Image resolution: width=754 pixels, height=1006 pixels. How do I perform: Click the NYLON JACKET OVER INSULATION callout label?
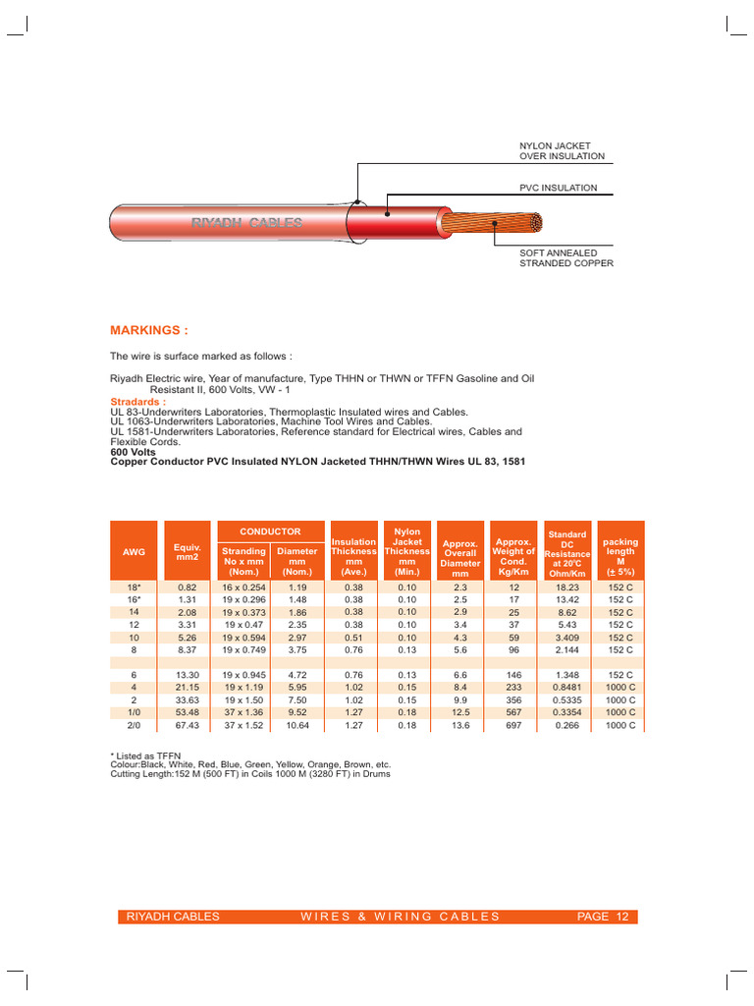(x=562, y=150)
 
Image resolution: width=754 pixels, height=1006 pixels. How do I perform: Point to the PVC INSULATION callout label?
(x=558, y=188)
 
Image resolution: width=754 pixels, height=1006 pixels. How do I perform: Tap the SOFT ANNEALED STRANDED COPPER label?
(x=565, y=258)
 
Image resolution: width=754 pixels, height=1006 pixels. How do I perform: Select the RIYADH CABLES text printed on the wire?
(x=246, y=224)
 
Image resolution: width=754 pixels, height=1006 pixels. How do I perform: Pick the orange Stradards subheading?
(x=138, y=402)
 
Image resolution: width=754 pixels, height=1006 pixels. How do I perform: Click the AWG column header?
(x=134, y=552)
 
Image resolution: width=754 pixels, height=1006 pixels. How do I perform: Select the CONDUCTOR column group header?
(x=270, y=531)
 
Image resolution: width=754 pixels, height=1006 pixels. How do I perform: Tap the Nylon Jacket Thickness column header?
(x=406, y=551)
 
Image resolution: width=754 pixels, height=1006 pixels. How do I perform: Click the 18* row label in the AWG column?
(x=134, y=587)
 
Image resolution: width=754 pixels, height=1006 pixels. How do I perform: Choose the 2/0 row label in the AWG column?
(x=134, y=725)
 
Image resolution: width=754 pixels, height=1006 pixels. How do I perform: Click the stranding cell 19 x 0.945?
(x=242, y=675)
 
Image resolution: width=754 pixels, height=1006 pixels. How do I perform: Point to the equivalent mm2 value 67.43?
(x=187, y=725)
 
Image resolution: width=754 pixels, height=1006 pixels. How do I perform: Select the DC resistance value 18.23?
(x=567, y=587)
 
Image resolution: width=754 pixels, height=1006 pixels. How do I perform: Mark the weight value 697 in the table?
(x=514, y=725)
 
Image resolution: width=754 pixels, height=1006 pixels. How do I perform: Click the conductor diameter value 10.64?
(x=296, y=725)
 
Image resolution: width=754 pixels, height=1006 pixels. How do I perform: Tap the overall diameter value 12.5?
(x=460, y=712)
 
